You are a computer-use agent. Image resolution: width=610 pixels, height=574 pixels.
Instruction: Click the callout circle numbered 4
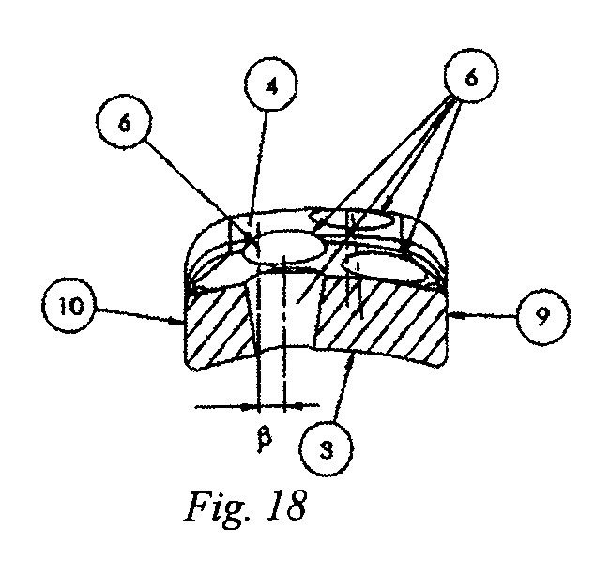pyautogui.click(x=271, y=84)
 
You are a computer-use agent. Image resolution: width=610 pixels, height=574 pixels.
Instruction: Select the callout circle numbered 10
pyautogui.click(x=69, y=305)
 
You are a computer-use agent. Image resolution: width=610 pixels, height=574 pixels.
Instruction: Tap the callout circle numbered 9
pyautogui.click(x=543, y=317)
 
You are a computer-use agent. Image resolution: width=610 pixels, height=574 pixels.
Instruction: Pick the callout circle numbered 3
pyautogui.click(x=327, y=450)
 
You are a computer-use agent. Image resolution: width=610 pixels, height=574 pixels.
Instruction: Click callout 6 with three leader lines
pyautogui.click(x=471, y=76)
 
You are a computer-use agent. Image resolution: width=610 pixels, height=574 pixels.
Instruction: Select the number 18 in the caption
pyautogui.click(x=286, y=505)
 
